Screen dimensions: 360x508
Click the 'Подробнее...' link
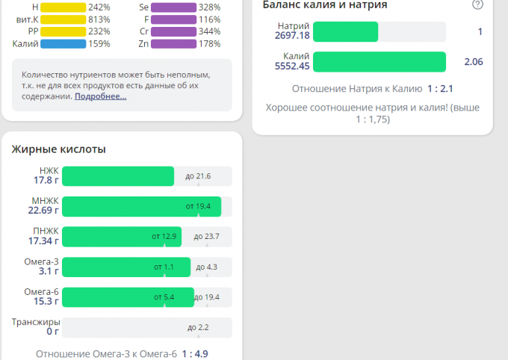(101, 96)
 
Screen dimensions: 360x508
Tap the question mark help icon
(477, 4)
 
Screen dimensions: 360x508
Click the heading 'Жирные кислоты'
(58, 149)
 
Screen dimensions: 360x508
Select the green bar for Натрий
(345, 31)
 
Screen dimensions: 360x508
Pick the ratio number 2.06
(473, 61)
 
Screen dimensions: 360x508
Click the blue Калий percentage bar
(63, 43)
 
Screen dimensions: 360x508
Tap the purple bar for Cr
(173, 31)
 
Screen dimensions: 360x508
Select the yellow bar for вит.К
(63, 19)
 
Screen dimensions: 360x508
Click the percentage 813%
(99, 19)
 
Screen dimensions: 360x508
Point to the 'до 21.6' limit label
(198, 176)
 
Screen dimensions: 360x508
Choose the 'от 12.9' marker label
(164, 237)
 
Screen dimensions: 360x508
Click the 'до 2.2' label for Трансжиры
(198, 327)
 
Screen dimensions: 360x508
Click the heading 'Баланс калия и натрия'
(325, 5)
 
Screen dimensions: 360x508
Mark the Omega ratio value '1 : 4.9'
(195, 354)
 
